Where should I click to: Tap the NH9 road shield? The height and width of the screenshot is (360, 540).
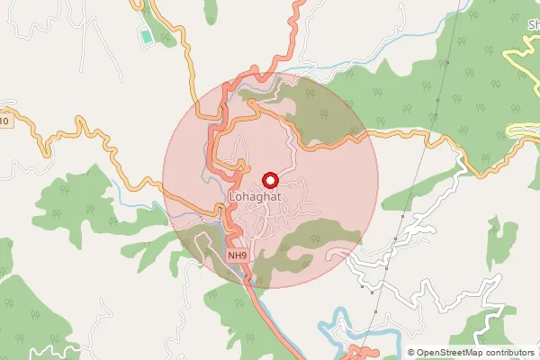tap(237, 256)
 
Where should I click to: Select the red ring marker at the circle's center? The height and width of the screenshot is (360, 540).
tap(268, 180)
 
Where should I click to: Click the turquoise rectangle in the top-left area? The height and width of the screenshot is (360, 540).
tap(146, 38)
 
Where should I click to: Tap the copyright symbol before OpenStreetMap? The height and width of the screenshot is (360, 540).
tap(411, 353)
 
